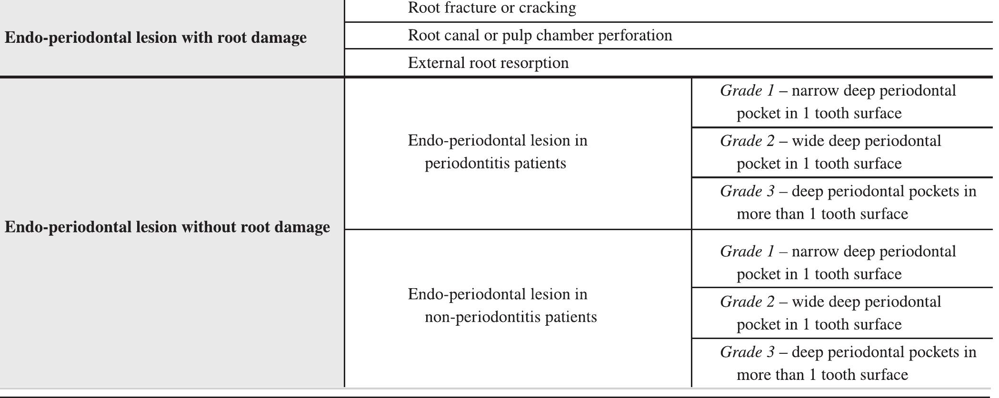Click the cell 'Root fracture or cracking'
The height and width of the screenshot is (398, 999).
pyautogui.click(x=492, y=8)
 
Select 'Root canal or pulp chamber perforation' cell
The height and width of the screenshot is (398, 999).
pyautogui.click(x=540, y=36)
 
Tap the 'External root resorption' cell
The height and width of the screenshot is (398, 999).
pyautogui.click(x=488, y=63)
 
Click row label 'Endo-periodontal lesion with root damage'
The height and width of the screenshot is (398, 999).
pyautogui.click(x=156, y=38)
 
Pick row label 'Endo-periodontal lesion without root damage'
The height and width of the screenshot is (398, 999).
pyautogui.click(x=167, y=227)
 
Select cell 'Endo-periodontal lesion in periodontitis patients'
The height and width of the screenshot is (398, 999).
pyautogui.click(x=498, y=152)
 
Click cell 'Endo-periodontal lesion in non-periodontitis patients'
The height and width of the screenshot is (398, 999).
pyautogui.click(x=502, y=306)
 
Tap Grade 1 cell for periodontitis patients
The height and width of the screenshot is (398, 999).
pyautogui.click(x=838, y=102)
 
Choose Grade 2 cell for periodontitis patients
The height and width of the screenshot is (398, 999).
pyautogui.click(x=831, y=153)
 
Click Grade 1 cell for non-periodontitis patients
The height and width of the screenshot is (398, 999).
pyautogui.click(x=838, y=263)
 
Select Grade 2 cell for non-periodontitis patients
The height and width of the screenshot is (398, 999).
pyautogui.click(x=831, y=313)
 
